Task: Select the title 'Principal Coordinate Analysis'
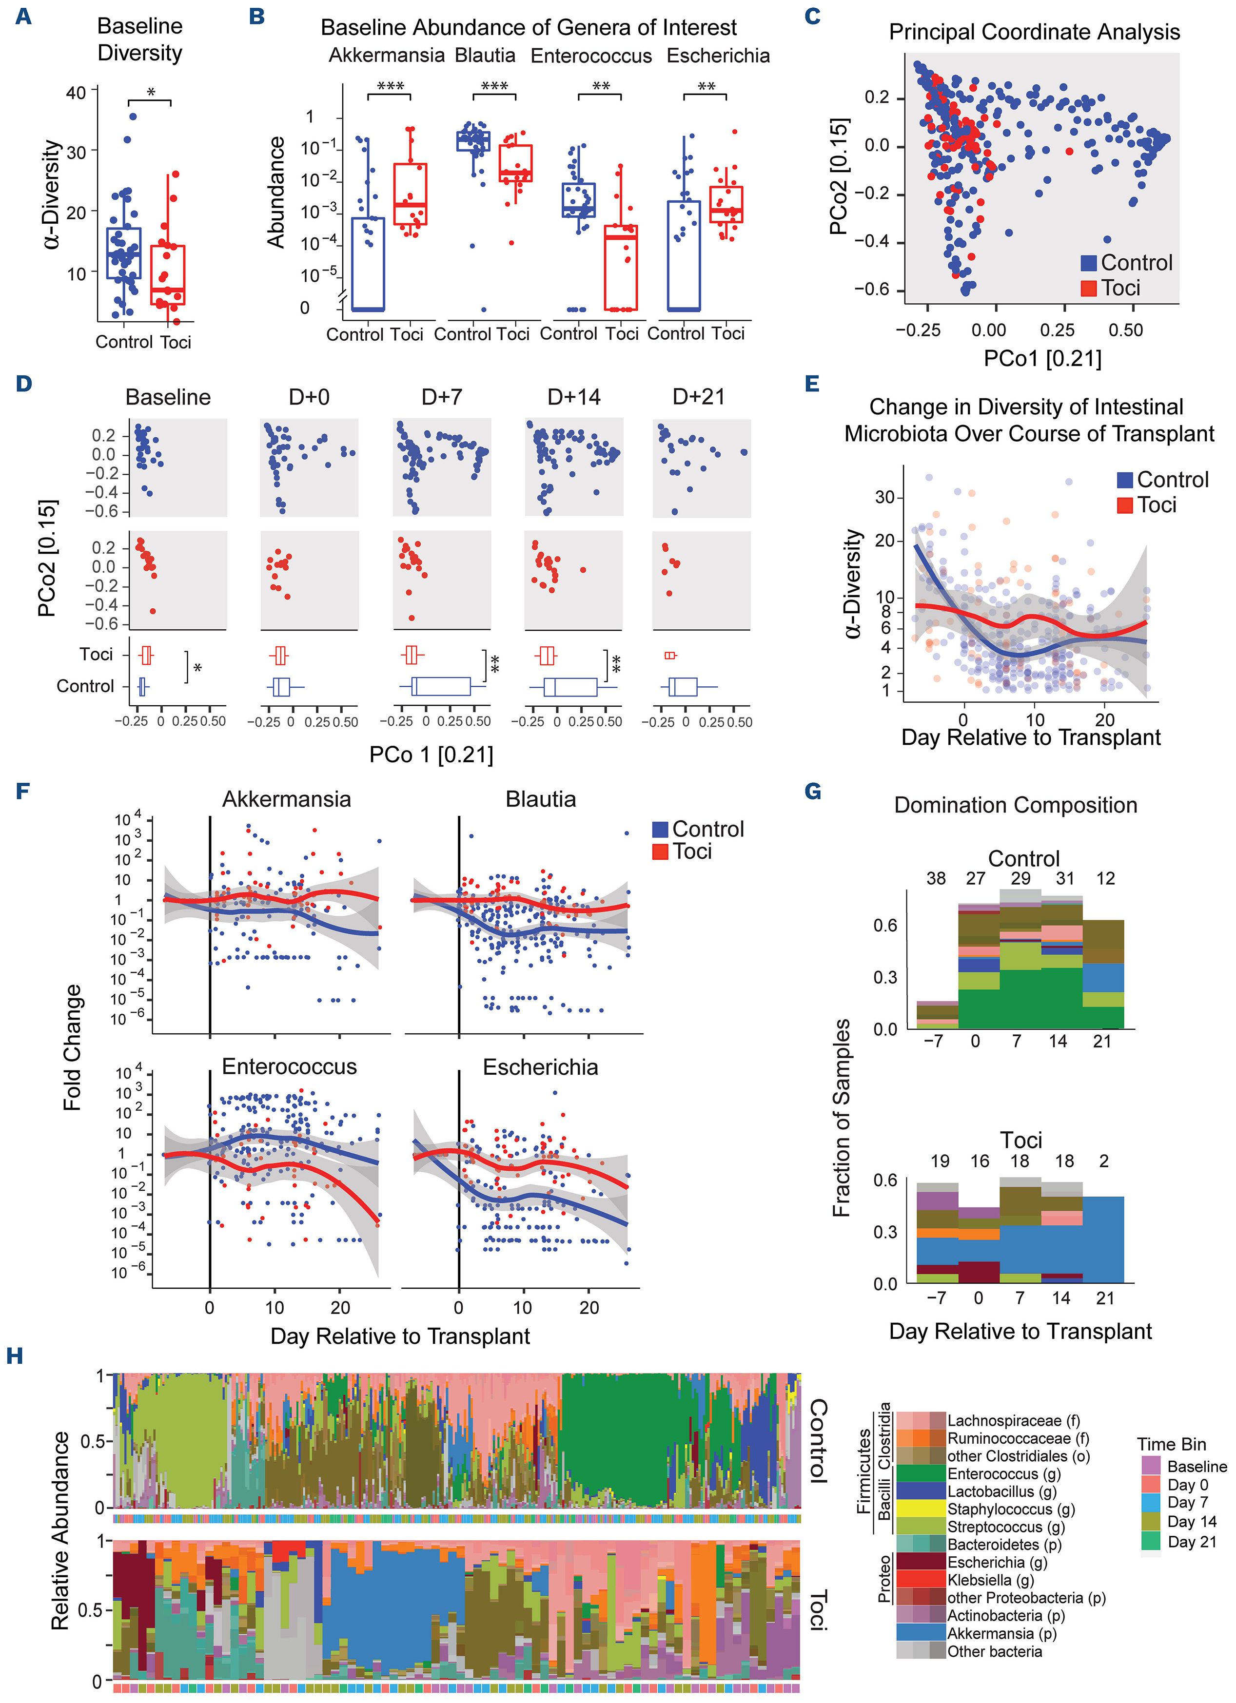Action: (1034, 32)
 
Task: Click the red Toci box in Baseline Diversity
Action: (167, 275)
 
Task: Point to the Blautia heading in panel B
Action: (485, 56)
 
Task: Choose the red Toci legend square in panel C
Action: (1089, 289)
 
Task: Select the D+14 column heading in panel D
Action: (574, 397)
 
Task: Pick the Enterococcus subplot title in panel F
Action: (289, 1067)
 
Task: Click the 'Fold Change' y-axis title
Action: (72, 1047)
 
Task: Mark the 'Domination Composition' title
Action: (1015, 806)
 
